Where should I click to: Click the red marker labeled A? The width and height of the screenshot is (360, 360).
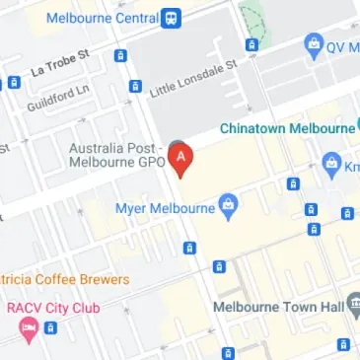pos(180,157)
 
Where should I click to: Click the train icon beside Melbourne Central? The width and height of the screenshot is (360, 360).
pos(173,17)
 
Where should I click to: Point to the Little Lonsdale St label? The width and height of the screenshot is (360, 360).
pos(193,78)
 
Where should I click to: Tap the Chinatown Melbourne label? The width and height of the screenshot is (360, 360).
pos(285,128)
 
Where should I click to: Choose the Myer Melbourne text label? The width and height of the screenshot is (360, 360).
pos(165,208)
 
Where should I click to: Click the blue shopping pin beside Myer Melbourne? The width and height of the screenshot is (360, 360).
pos(230,207)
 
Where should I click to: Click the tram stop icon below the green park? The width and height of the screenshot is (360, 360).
pos(252,44)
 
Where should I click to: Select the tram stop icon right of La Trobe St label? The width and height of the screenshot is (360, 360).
pos(120,56)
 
